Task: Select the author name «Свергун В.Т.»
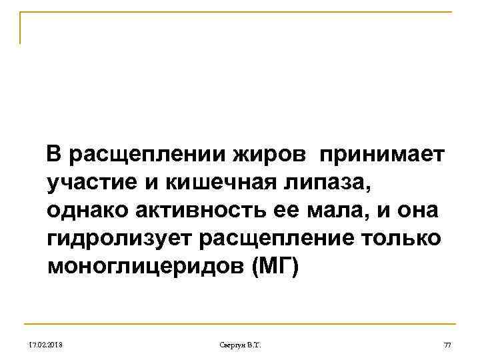pos(241,344)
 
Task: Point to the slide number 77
pos(447,344)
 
